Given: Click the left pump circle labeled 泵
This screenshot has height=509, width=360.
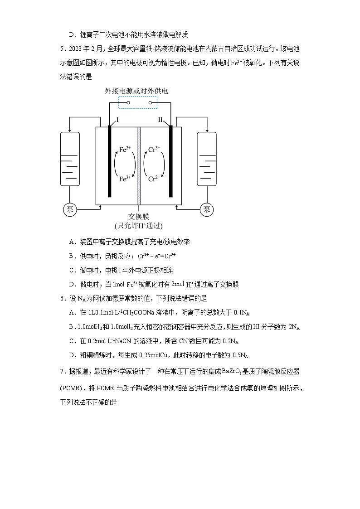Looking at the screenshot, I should point(69,209).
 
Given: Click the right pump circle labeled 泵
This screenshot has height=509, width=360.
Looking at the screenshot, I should point(207,209).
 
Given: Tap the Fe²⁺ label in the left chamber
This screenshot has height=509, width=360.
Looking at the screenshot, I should point(125,149).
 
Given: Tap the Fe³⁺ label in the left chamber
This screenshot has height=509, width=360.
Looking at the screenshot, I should point(125,179).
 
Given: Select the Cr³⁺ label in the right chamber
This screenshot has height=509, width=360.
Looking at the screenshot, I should point(154,149).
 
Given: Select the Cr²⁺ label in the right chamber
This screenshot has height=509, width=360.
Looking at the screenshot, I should point(154,179).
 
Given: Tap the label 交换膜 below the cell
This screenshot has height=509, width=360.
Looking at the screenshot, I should point(138,217).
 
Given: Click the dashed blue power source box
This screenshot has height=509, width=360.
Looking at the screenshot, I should point(138,102).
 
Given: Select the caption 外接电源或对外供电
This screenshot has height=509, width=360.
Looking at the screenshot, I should point(136,91).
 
